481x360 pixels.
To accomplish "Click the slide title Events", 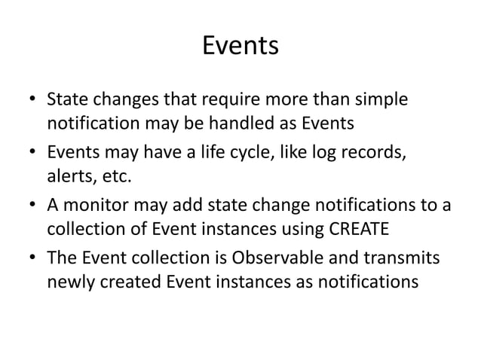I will tap(240, 47).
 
